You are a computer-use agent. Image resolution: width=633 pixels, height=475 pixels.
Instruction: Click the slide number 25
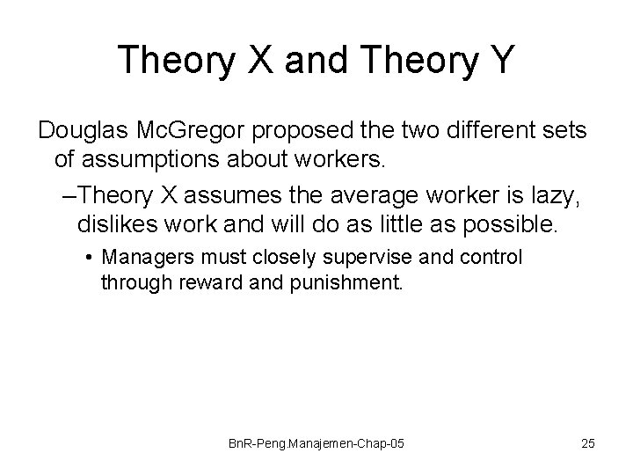pos(587,443)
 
